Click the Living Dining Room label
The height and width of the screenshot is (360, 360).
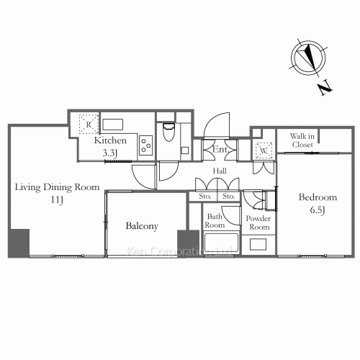57,187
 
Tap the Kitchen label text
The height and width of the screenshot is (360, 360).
110,140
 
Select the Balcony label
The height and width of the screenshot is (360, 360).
142,226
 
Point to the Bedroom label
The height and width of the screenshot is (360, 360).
318,197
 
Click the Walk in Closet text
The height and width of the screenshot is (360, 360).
302,140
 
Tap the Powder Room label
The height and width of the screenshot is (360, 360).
258,222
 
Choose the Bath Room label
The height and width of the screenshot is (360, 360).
215,221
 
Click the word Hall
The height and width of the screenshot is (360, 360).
220,171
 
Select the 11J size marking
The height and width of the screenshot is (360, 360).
57,199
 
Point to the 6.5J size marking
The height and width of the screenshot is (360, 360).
318,210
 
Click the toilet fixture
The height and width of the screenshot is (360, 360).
168,132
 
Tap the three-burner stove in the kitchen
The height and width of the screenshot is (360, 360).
146,145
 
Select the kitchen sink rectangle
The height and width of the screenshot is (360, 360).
113,125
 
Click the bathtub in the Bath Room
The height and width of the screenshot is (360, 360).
221,243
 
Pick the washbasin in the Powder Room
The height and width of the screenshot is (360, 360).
258,245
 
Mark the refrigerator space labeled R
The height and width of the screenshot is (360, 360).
89,125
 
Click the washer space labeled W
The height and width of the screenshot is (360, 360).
264,150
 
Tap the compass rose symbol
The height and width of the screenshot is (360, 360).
308,58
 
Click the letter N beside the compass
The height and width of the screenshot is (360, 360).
325,89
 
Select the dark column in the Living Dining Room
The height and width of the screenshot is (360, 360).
19,243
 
